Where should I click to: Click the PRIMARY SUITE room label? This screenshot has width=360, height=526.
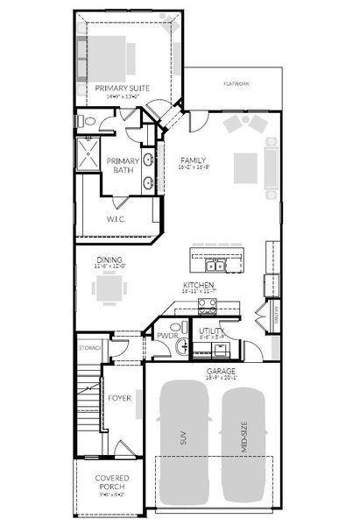click(x=121, y=89)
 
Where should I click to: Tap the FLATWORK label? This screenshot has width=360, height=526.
click(x=236, y=84)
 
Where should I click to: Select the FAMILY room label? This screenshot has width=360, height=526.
click(x=193, y=160)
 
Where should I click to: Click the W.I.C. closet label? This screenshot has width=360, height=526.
click(x=116, y=218)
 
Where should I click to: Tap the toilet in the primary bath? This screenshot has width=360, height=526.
click(x=85, y=121)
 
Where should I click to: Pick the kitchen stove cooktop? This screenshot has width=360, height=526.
click(x=208, y=305)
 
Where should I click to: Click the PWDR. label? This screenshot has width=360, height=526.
click(x=167, y=335)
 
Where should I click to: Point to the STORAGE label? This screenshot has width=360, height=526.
click(x=90, y=348)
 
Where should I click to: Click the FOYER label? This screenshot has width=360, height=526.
click(x=119, y=398)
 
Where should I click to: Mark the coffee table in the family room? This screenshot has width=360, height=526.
click(x=246, y=165)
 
